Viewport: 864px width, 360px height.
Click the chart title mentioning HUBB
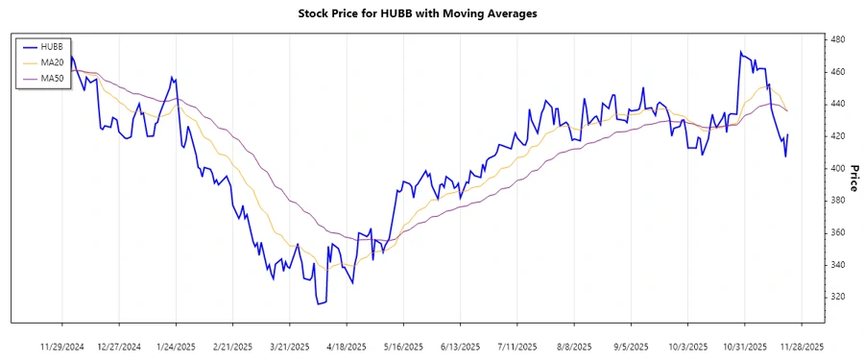[x=432, y=13]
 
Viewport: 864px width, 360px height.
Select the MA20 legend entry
[x=53, y=62]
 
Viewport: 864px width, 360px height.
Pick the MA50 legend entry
[x=53, y=78]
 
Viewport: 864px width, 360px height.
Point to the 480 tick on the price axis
[x=837, y=39]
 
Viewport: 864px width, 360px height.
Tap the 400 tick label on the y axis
[x=837, y=168]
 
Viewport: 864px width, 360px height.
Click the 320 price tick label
[x=837, y=297]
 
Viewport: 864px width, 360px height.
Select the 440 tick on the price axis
[x=837, y=104]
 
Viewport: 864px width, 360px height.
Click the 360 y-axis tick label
[x=837, y=232]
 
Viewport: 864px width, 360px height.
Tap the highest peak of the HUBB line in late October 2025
[x=740, y=52]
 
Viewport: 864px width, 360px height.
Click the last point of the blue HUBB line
[x=788, y=135]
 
